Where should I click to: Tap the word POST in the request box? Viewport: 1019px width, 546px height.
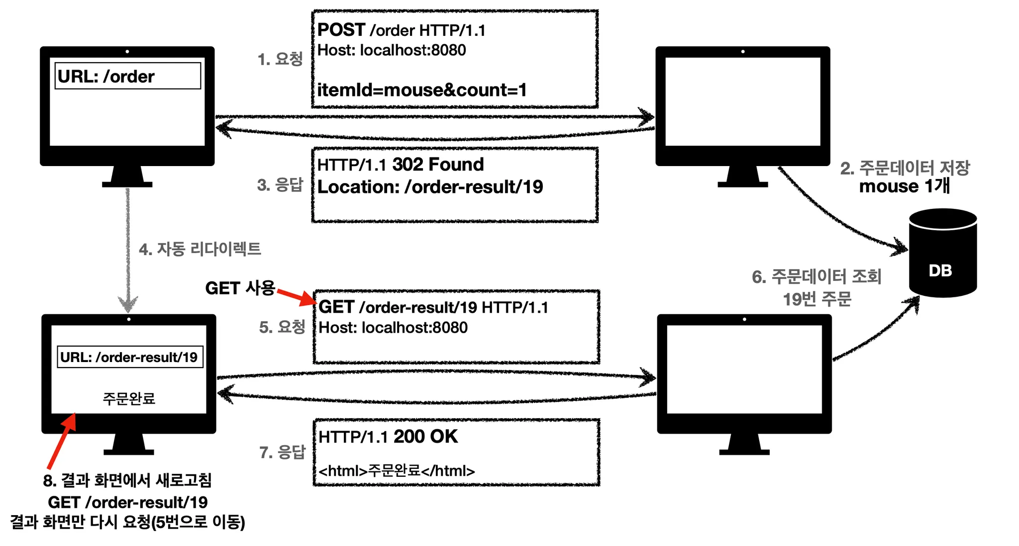click(x=341, y=30)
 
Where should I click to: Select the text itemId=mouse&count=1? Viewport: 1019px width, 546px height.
click(x=422, y=90)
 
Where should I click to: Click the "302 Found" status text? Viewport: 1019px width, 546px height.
click(x=438, y=164)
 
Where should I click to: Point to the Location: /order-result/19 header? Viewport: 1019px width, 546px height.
click(x=430, y=187)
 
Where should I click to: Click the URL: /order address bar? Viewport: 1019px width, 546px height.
click(x=128, y=76)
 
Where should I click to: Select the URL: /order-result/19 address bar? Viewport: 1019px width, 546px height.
click(x=130, y=357)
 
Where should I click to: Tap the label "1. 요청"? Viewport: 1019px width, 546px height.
click(x=280, y=59)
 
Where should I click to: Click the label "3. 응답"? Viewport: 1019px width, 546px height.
click(x=280, y=185)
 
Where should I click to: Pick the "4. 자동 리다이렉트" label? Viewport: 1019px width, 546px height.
click(x=200, y=249)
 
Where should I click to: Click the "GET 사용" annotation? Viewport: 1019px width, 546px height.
click(x=240, y=288)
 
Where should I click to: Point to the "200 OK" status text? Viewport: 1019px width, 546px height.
click(x=425, y=437)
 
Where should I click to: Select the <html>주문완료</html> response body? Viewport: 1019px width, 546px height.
click(x=397, y=470)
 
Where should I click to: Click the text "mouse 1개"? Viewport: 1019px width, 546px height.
click(x=905, y=186)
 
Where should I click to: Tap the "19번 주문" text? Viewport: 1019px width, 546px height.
click(x=817, y=299)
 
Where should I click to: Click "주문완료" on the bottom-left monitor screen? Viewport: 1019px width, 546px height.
click(x=129, y=398)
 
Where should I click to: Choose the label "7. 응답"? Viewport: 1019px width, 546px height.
click(x=282, y=452)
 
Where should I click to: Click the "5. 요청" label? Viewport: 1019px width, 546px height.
click(x=282, y=327)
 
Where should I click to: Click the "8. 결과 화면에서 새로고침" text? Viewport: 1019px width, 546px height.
click(x=127, y=480)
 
